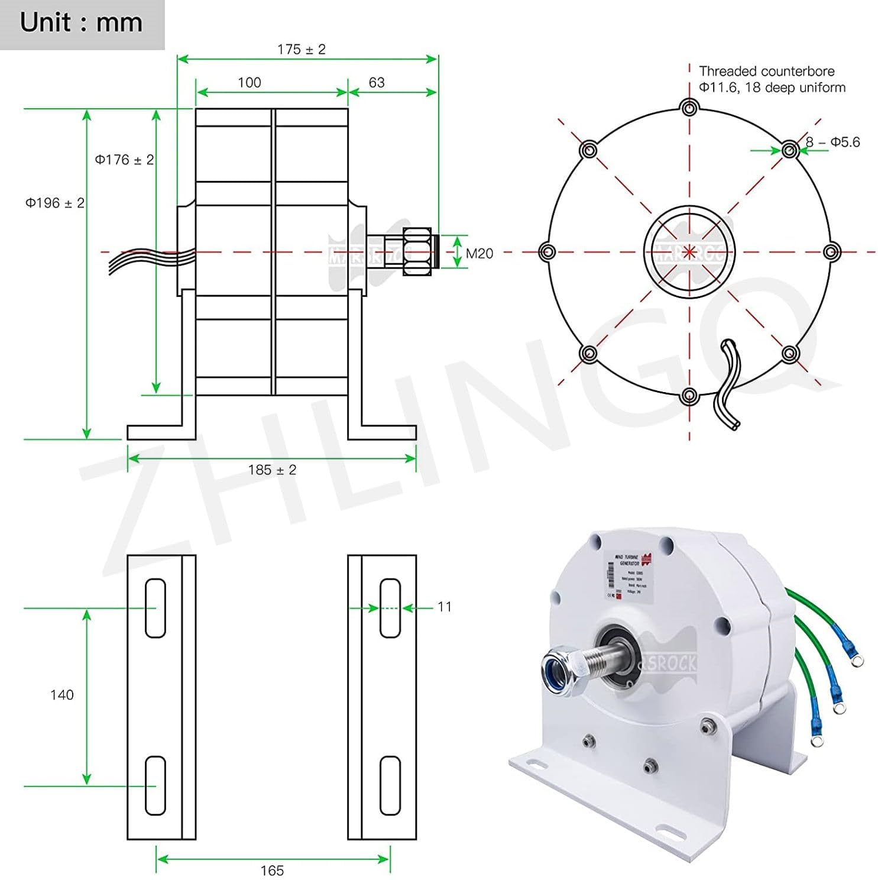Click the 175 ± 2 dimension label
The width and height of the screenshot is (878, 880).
pos(301,50)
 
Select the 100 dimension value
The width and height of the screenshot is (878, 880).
pos(249,83)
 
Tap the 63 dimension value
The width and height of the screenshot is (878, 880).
pos(376,83)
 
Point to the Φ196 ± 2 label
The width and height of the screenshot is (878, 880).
pos(54,203)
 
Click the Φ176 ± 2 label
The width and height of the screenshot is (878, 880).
pos(124,160)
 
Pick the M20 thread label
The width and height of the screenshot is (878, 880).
pos(479,254)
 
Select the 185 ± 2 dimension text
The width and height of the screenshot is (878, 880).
pos(272,470)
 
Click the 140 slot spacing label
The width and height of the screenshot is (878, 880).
pos(61,695)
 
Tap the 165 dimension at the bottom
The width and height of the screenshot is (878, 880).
pos(272,871)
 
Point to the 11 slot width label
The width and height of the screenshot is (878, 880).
pos(445,607)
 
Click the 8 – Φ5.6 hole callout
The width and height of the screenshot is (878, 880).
pos(832,143)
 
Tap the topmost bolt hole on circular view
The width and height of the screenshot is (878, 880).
pos(689,108)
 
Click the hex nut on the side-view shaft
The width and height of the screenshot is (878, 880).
pos(416,252)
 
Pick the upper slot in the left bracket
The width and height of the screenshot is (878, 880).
pos(155,608)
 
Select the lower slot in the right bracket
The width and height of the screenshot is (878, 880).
pos(390,785)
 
